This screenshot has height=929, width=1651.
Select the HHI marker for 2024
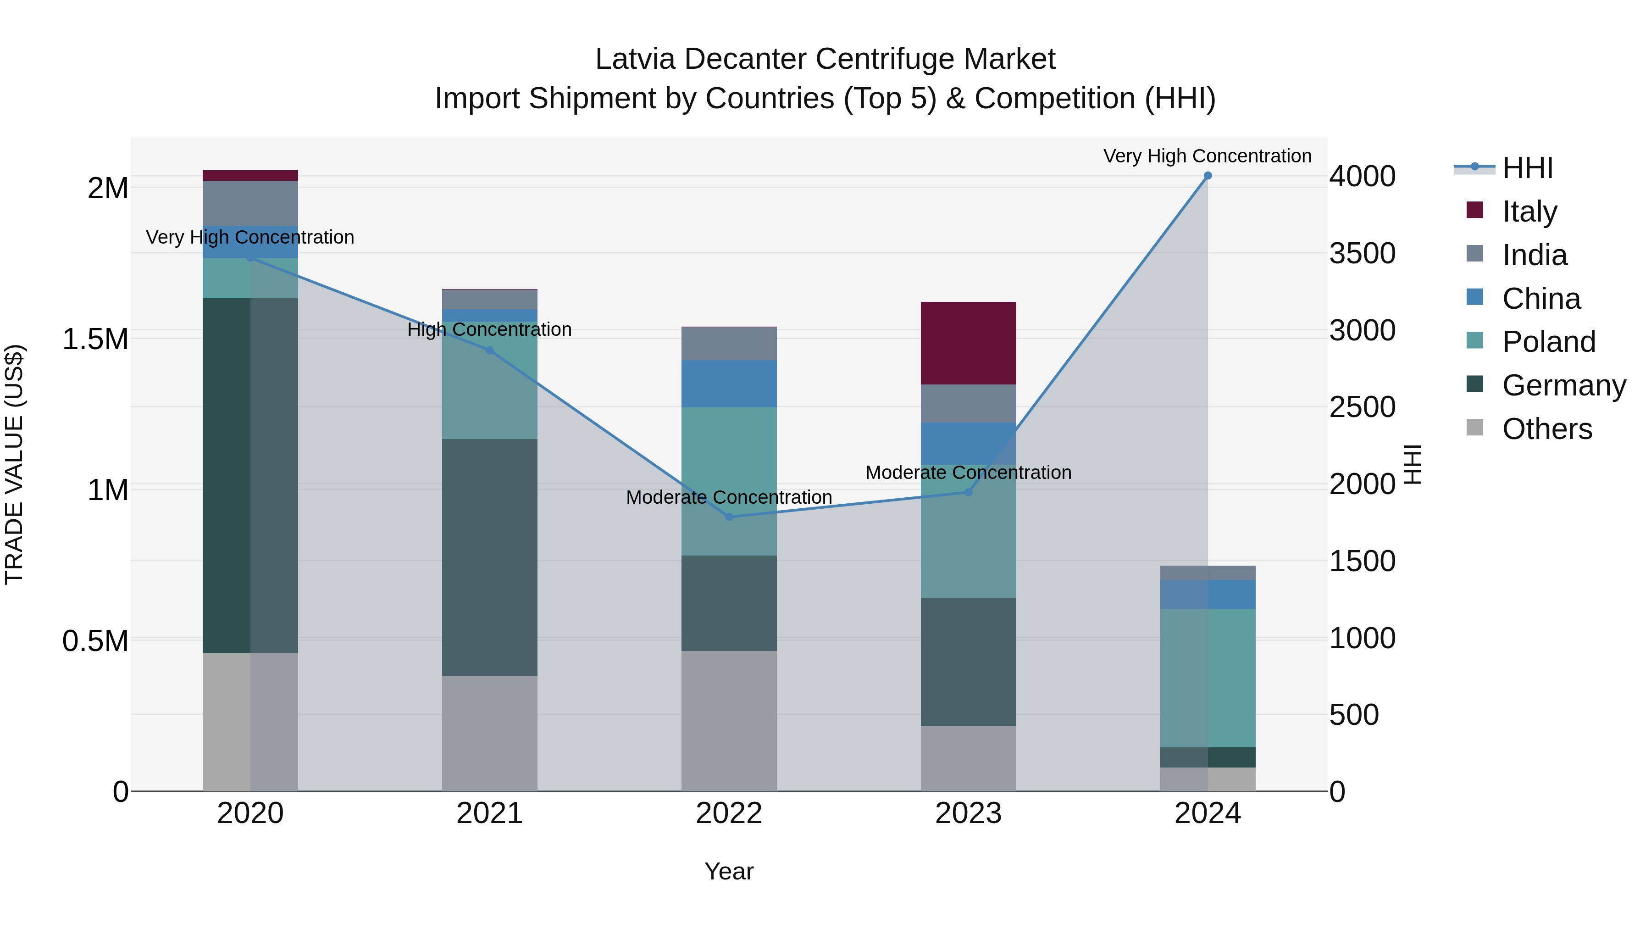pyautogui.click(x=1208, y=176)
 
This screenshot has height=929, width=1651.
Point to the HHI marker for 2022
pyautogui.click(x=729, y=517)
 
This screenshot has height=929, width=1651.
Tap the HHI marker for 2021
pyautogui.click(x=490, y=350)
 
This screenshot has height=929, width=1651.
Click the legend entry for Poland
pyautogui.click(x=1548, y=342)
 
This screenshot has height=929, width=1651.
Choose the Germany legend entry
pyautogui.click(x=1563, y=385)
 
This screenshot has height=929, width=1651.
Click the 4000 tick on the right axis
pyautogui.click(x=1362, y=176)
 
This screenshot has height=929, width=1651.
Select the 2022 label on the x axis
pyautogui.click(x=729, y=813)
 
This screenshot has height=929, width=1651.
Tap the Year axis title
pyautogui.click(x=729, y=871)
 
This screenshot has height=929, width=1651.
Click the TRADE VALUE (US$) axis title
pyautogui.click(x=14, y=464)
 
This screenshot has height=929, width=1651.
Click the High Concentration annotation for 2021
pyautogui.click(x=490, y=329)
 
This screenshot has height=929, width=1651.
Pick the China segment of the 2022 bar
pyautogui.click(x=729, y=384)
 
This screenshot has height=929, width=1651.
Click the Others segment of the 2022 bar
pyautogui.click(x=729, y=721)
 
